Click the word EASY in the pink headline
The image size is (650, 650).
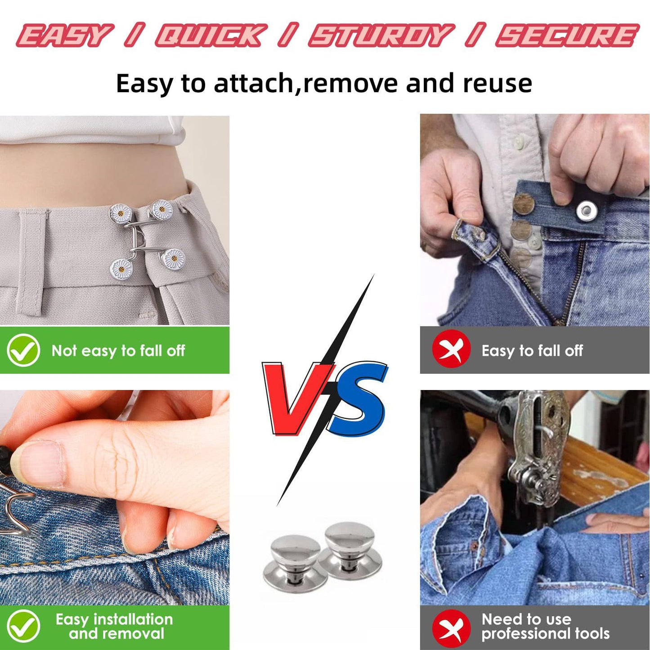pyautogui.click(x=63, y=35)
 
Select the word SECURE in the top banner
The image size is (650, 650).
pyautogui.click(x=567, y=35)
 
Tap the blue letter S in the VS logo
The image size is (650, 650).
pyautogui.click(x=358, y=400)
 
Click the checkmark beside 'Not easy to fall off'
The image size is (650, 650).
pyautogui.click(x=23, y=350)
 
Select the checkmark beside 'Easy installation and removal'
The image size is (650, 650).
pyautogui.click(x=23, y=626)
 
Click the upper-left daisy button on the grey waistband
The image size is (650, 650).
pyautogui.click(x=121, y=213)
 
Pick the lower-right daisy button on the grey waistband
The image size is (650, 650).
pyautogui.click(x=173, y=260)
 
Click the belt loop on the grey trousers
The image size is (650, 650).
pyautogui.click(x=31, y=262)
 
